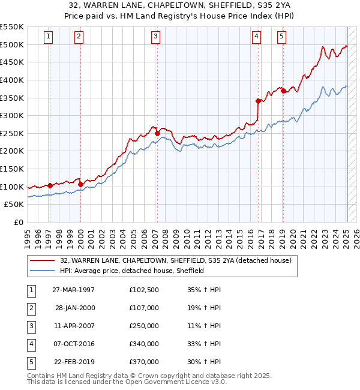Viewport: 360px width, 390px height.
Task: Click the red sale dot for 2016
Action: (x=258, y=101)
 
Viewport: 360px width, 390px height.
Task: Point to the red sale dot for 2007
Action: (x=157, y=133)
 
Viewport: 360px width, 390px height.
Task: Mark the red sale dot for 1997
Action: (x=50, y=185)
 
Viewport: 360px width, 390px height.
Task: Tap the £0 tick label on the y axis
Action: (x=18, y=222)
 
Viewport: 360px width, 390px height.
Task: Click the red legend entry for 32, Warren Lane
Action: (x=175, y=260)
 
